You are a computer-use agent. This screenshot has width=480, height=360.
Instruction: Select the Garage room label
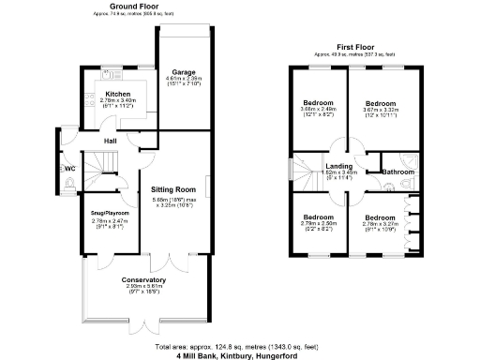184,70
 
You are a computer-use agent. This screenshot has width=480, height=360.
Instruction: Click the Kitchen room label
117,95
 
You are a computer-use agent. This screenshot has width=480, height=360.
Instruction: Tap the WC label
70,169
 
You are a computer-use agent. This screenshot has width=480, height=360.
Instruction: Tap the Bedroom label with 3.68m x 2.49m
315,103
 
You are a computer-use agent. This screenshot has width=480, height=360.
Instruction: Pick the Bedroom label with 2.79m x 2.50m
315,217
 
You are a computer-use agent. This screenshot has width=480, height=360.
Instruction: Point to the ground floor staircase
104,169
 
